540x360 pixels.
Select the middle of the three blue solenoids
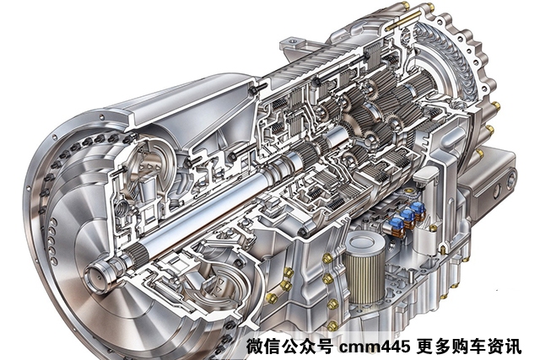coord(408,217)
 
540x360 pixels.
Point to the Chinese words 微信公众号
coord(289,346)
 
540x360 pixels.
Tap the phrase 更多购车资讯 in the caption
coord(468,346)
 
